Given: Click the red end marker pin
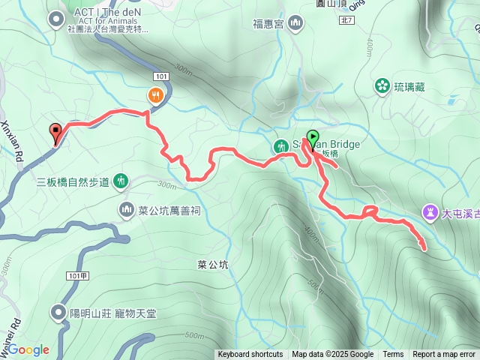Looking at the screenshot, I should (55, 132).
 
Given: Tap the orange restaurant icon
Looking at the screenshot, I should (154, 95).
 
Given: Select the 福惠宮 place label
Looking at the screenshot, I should (267, 23).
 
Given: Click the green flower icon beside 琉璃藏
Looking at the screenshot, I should (382, 86).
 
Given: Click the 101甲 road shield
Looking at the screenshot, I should (78, 275).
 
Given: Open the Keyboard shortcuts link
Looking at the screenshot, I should (250, 355).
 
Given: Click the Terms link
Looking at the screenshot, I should (393, 355).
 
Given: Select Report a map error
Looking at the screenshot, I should (444, 355).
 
